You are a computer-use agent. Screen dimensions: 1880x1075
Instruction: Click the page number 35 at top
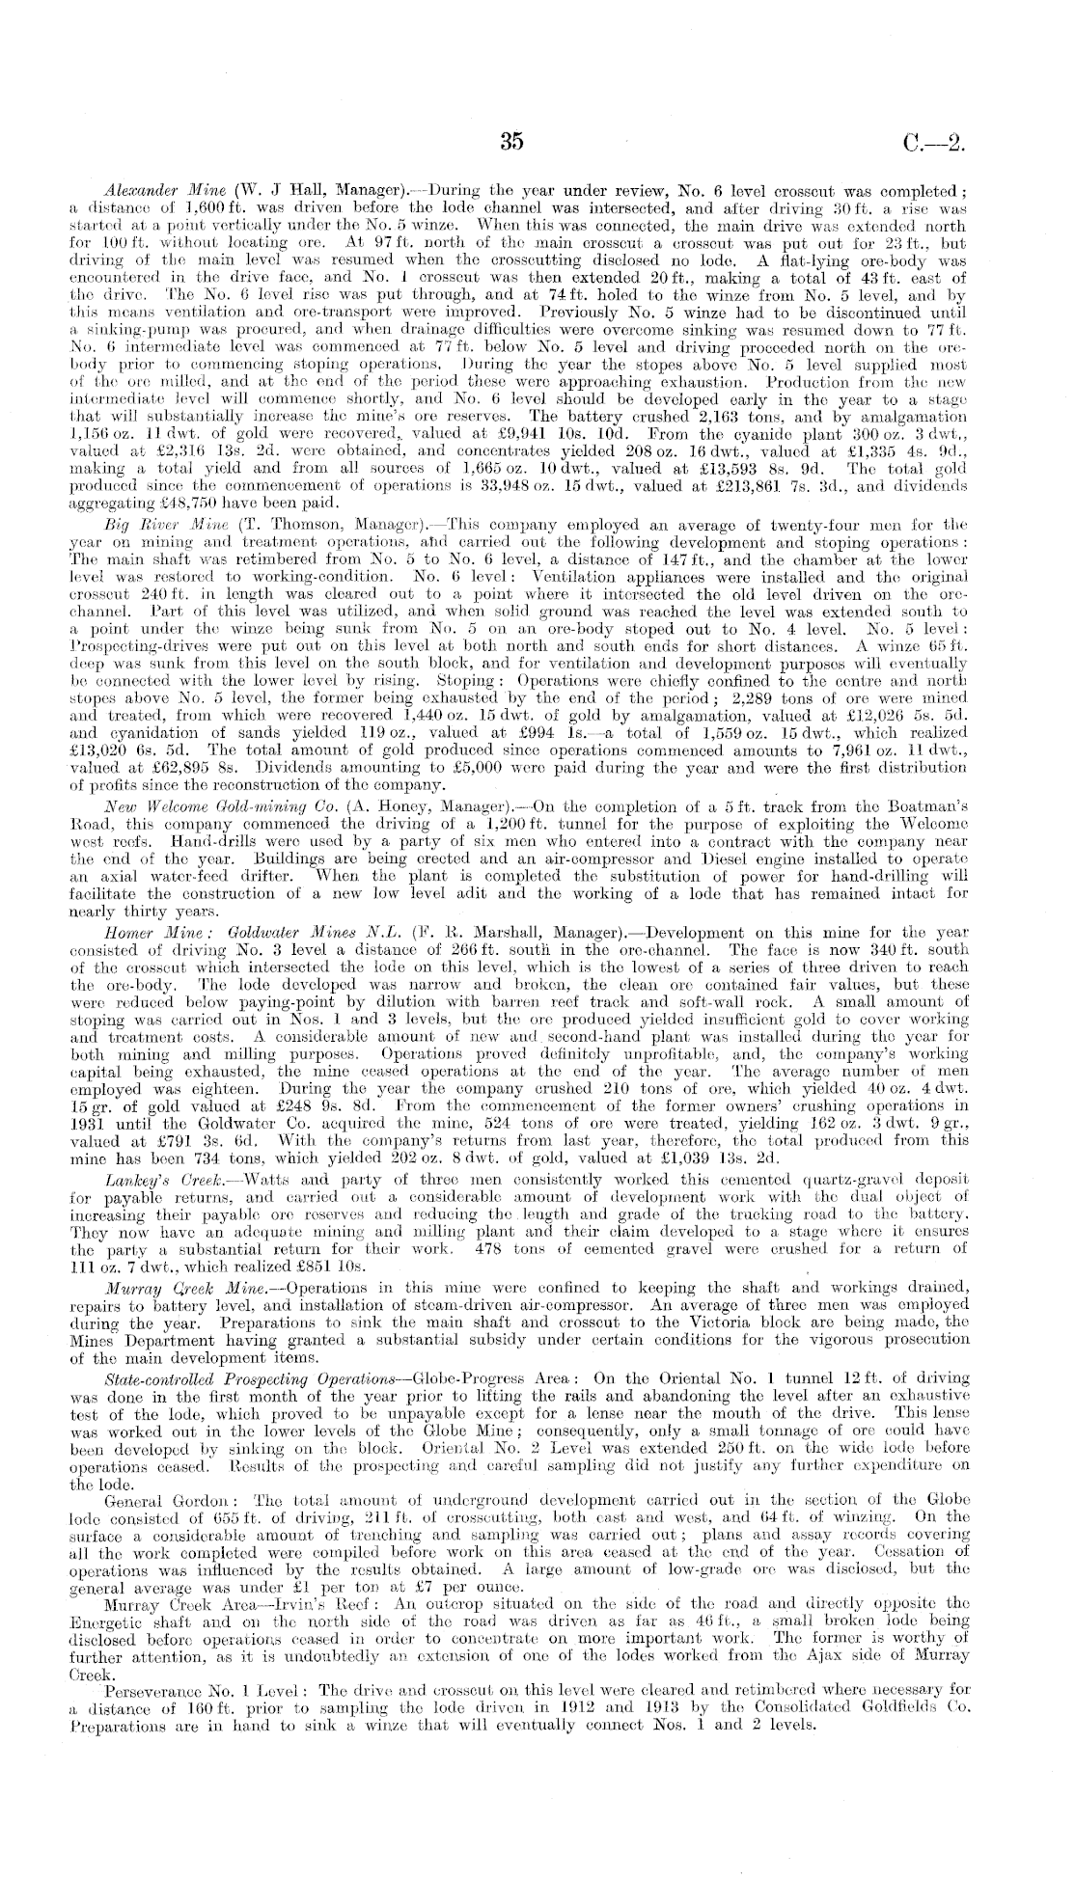point(511,142)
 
